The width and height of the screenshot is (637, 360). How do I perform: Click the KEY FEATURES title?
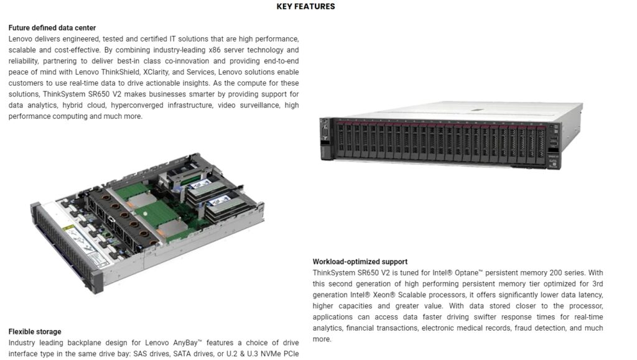[x=305, y=7]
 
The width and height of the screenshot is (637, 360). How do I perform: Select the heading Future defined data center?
[x=52, y=28]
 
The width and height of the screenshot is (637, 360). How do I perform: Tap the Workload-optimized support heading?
[x=360, y=262]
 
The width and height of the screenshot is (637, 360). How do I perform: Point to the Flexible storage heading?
[x=35, y=331]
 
